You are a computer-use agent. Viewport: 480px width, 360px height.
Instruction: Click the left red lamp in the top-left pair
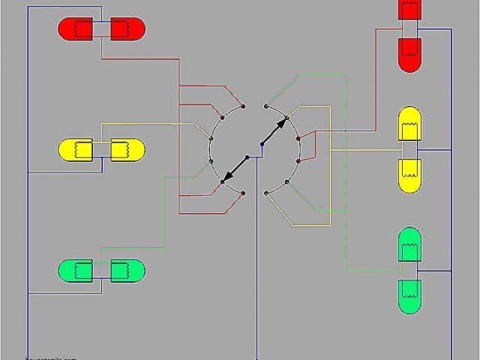tap(75, 29)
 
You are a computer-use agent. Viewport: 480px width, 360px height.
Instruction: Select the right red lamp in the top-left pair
tap(127, 29)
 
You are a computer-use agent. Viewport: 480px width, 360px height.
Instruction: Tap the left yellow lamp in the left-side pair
tap(75, 150)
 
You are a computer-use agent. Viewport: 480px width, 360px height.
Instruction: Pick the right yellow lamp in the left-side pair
tap(127, 150)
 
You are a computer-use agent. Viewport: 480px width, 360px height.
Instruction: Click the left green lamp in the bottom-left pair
tap(75, 270)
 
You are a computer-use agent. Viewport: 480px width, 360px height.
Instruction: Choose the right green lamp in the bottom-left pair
tap(127, 270)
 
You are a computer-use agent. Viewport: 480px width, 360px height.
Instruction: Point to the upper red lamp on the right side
tap(409, 9)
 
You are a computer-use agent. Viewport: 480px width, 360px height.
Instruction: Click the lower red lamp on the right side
tap(409, 54)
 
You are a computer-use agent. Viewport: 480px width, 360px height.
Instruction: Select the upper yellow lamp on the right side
tap(409, 124)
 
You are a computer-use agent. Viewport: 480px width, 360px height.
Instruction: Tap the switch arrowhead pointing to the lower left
tap(226, 179)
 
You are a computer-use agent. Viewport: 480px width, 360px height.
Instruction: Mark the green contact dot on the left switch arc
tap(211, 160)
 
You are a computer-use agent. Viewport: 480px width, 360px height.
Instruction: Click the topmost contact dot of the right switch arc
tap(266, 106)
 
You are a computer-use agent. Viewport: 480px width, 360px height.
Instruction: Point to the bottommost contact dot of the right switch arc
tap(266, 193)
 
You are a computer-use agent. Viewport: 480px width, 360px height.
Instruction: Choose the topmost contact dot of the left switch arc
tap(244, 106)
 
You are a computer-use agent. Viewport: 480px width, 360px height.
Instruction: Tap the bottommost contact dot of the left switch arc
tap(244, 193)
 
